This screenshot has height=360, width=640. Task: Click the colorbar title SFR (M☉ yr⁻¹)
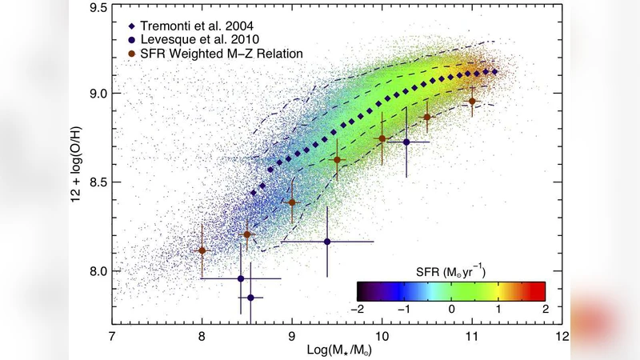(451, 270)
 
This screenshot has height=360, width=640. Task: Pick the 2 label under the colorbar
(544, 309)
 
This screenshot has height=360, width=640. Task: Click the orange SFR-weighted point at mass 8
(202, 250)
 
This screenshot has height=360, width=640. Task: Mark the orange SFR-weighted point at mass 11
(472, 102)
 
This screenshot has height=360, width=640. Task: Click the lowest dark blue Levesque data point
(250, 298)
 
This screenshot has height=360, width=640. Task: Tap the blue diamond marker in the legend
(130, 20)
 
